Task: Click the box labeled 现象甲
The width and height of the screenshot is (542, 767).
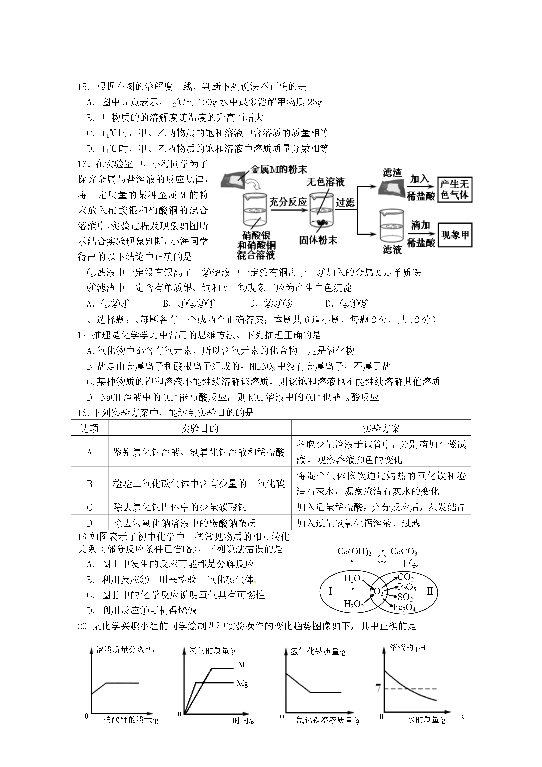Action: (x=455, y=235)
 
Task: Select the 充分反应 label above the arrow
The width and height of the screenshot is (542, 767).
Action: (x=288, y=202)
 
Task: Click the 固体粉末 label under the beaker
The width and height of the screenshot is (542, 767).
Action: (x=318, y=240)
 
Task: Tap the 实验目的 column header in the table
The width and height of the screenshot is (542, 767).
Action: (x=199, y=428)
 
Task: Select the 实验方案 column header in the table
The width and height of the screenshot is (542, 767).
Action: (x=381, y=428)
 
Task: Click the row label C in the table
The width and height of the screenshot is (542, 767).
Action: (x=89, y=508)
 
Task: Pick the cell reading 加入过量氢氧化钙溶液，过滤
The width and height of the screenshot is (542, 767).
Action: (x=358, y=523)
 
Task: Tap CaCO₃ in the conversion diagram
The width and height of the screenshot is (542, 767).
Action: (x=403, y=552)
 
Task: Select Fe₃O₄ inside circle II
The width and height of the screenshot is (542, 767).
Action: (x=404, y=607)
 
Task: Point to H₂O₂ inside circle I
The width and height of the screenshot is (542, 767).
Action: (x=353, y=604)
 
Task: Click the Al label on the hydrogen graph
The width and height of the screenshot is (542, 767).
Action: (x=241, y=664)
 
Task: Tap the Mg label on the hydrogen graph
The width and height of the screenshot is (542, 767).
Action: (x=242, y=684)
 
